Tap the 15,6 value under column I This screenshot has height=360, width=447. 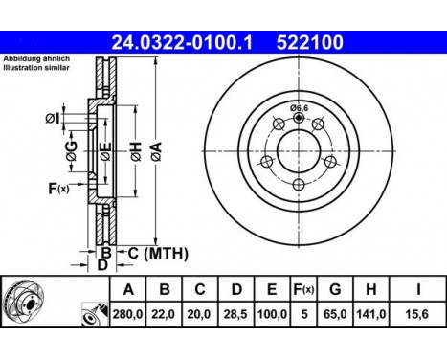417,313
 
